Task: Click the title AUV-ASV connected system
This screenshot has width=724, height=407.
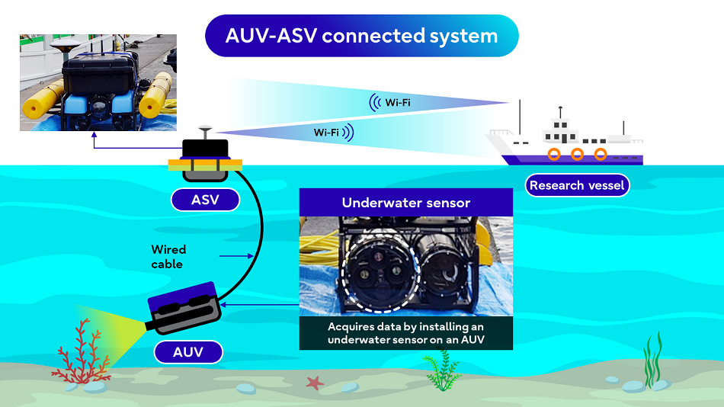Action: [361, 35]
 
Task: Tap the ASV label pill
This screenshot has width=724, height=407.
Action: [204, 200]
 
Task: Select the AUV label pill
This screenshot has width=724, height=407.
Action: [188, 351]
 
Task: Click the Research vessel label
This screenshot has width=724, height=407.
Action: [577, 185]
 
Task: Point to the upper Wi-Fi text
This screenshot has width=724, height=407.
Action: [396, 101]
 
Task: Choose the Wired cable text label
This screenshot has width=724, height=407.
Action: [168, 256]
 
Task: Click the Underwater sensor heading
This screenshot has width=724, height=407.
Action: [405, 203]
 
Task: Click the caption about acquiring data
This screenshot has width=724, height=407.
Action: [405, 332]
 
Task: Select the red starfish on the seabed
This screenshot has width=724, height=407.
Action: [314, 382]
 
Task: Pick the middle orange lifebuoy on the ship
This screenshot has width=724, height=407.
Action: [577, 155]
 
